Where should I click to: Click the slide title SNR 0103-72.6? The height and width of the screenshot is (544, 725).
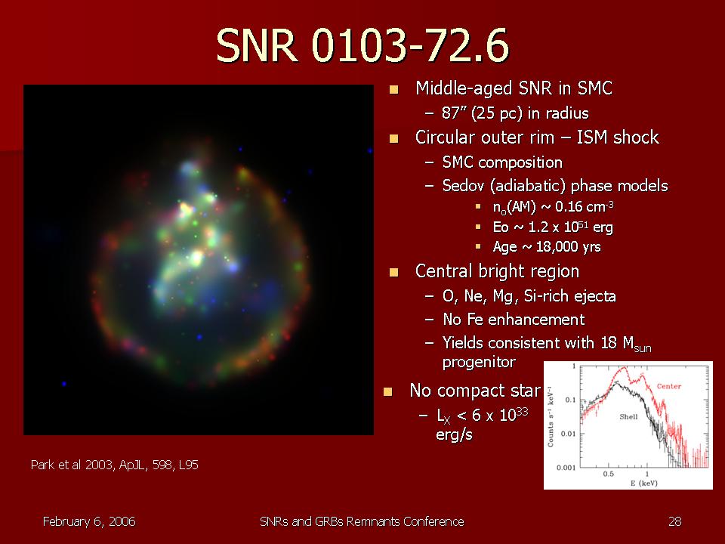coord(362,45)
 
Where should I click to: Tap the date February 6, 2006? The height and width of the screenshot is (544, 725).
coord(89,522)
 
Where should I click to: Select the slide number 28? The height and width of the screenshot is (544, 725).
coord(674,522)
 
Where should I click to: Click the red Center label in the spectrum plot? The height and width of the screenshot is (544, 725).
coord(668,386)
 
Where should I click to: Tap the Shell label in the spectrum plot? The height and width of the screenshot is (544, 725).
coord(628,417)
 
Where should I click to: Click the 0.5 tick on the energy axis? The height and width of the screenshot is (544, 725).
coord(609,474)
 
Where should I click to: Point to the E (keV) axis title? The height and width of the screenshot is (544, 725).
coord(643,484)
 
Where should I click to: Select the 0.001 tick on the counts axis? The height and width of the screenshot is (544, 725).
coord(566,467)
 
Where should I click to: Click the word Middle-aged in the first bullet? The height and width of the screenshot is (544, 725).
coord(464,88)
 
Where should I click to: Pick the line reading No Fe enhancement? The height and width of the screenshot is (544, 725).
coord(514,319)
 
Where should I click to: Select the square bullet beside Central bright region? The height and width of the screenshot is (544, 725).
coord(394,272)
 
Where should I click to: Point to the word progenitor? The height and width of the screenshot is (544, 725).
coord(479,362)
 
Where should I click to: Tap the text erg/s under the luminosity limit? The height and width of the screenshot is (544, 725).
coord(455,435)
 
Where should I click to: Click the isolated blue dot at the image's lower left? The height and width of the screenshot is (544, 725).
coord(63,384)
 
